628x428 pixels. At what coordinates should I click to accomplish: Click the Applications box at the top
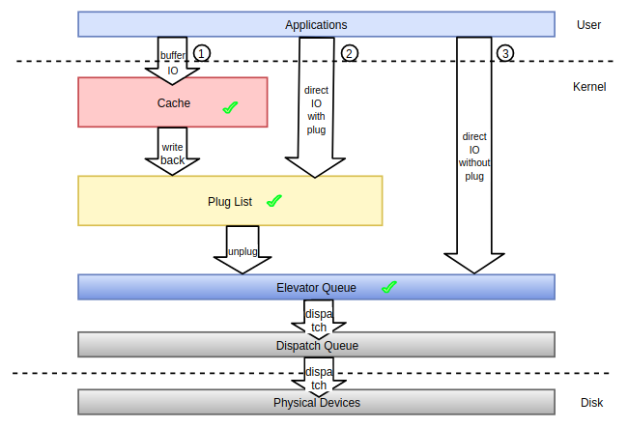click(316, 24)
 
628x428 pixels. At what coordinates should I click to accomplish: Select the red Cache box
click(172, 102)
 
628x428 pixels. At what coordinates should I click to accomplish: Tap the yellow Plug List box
click(229, 201)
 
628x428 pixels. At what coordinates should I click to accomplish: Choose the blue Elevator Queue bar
click(316, 287)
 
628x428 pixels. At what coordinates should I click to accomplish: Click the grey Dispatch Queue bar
click(316, 345)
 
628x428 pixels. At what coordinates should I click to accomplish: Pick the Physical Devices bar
click(316, 402)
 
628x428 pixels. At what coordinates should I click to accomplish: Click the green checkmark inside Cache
click(230, 108)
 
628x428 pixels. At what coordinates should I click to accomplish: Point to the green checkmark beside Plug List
click(273, 201)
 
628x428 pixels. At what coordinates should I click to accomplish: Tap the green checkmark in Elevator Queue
click(389, 287)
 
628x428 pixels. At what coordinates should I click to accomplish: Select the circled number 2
click(350, 52)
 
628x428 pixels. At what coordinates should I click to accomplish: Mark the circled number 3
click(505, 52)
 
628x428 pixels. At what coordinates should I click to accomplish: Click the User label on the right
click(589, 24)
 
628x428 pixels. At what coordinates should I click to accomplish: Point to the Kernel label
click(589, 87)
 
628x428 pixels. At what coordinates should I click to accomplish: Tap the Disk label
click(591, 403)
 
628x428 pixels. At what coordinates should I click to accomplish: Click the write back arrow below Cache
click(172, 152)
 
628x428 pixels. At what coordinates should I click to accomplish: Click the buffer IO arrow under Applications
click(172, 58)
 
